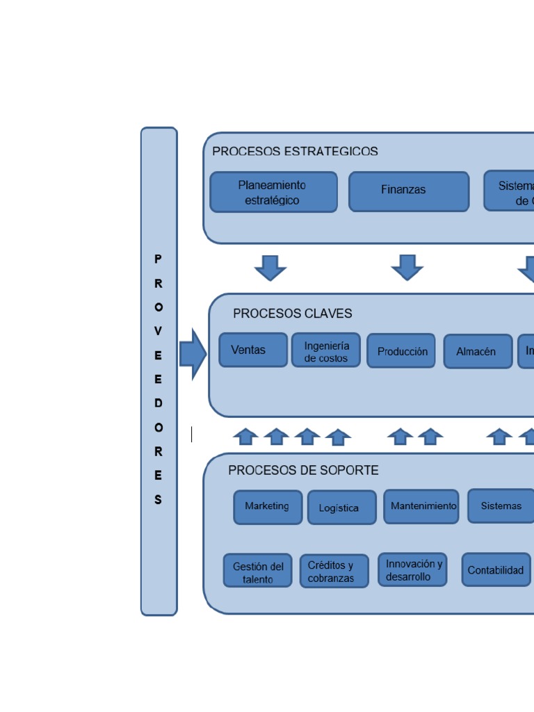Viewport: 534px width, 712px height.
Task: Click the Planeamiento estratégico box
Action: [273, 193]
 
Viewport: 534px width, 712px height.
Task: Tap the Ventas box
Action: [253, 350]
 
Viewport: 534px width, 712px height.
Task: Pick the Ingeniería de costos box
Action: [326, 352]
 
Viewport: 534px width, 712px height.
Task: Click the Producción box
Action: [402, 352]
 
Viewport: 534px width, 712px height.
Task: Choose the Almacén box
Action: [477, 352]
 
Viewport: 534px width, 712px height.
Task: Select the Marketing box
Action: [268, 507]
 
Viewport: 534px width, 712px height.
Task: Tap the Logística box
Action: [341, 508]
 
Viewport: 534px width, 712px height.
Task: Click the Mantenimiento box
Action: [421, 506]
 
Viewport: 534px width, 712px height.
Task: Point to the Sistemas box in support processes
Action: [501, 506]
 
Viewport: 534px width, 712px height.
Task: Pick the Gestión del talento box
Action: [257, 572]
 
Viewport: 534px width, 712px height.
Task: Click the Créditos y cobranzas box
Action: [334, 572]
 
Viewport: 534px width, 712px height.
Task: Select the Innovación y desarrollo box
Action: [413, 570]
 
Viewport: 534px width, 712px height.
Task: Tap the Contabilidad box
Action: [496, 570]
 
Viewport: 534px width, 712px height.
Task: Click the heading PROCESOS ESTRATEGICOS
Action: [295, 152]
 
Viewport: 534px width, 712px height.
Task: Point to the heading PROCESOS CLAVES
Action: [292, 314]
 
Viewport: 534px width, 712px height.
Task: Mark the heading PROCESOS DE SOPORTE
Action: [303, 471]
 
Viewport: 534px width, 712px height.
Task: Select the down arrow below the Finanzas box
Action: [407, 267]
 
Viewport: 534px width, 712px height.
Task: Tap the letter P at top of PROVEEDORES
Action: [159, 259]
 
